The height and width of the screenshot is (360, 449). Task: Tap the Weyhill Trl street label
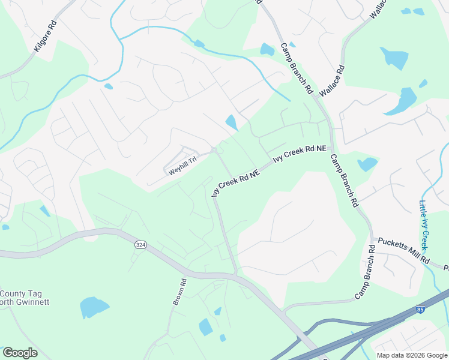(x=182, y=166)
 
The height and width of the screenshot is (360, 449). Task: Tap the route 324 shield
(x=140, y=245)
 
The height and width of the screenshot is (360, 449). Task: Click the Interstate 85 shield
(x=420, y=310)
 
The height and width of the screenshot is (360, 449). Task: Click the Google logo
(x=20, y=353)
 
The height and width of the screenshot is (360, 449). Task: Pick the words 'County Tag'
(x=19, y=293)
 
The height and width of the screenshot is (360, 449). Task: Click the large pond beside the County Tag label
(x=94, y=307)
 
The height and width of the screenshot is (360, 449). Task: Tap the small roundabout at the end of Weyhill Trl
(x=214, y=150)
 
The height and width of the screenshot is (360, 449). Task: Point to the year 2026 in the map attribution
(x=418, y=355)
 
